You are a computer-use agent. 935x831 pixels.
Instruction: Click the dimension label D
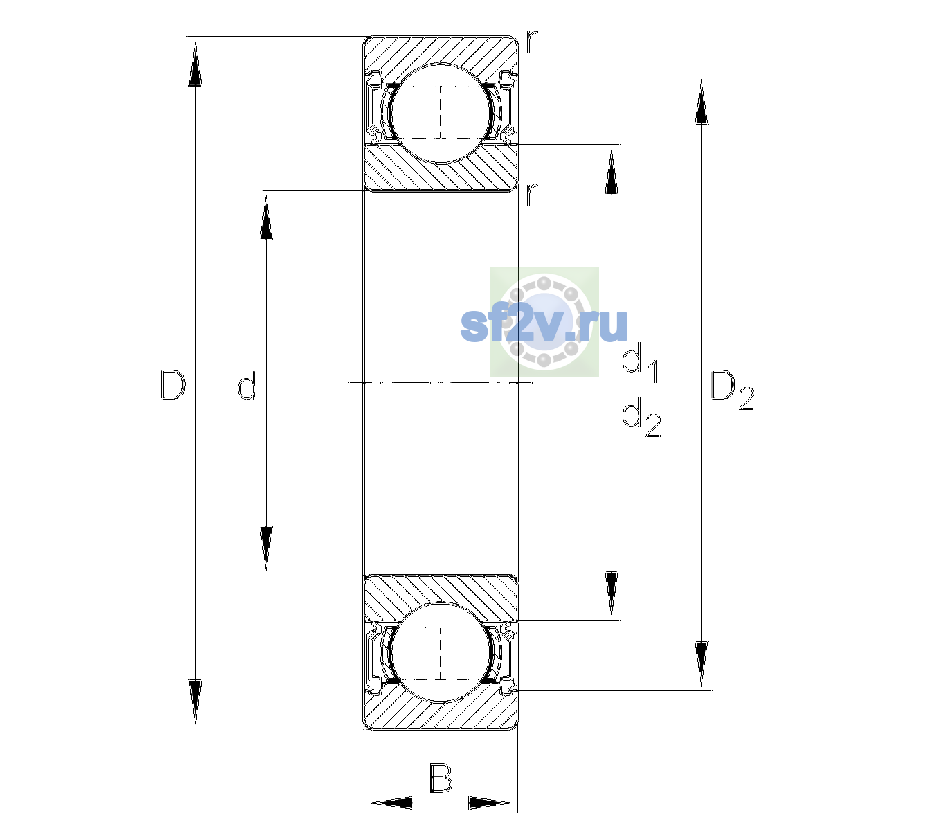pyautogui.click(x=172, y=384)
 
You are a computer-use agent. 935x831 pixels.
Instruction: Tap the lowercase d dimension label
pyautogui.click(x=247, y=384)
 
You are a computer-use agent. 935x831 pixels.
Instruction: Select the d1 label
pyautogui.click(x=640, y=365)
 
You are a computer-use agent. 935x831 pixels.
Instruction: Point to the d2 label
pyautogui.click(x=641, y=416)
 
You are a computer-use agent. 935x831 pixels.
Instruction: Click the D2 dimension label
pyautogui.click(x=732, y=390)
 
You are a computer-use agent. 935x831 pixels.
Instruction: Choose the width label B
pyautogui.click(x=440, y=778)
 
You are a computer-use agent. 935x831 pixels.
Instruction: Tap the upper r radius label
pyautogui.click(x=532, y=42)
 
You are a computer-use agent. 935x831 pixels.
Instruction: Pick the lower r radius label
pyautogui.click(x=532, y=194)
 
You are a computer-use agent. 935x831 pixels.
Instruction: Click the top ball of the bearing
pyautogui.click(x=440, y=113)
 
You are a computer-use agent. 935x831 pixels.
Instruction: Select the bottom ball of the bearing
pyautogui.click(x=440, y=652)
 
